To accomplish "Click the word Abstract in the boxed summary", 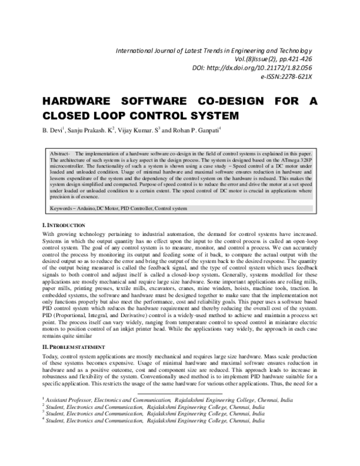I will pyautogui.click(x=61, y=154).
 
